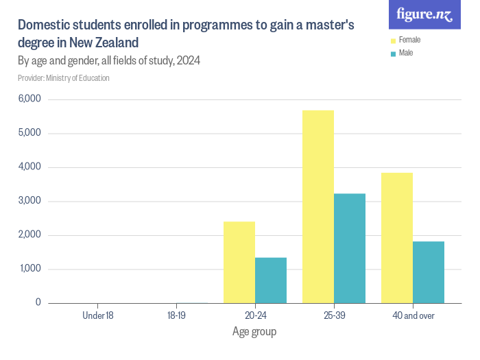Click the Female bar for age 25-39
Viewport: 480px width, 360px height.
318,206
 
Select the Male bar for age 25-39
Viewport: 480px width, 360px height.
350,248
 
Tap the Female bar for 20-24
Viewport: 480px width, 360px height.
239,262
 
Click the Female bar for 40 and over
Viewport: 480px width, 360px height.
397,237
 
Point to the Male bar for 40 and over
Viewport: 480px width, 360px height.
429,272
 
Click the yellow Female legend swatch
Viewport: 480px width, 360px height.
393,40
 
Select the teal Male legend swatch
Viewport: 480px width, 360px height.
393,53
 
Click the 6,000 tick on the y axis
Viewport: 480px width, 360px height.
29,99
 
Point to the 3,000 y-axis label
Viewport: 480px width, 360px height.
29,201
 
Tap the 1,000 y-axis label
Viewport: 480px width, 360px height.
29,269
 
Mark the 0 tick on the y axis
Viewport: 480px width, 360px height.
38,302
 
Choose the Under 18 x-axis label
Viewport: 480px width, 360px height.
97,315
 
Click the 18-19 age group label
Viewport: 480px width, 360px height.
176,315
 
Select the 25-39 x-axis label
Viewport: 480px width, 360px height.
334,315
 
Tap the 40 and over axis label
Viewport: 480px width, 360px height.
413,315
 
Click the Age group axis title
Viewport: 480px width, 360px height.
254,333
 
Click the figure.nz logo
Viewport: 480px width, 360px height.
424,14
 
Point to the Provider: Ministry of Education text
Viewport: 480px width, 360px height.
64,78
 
